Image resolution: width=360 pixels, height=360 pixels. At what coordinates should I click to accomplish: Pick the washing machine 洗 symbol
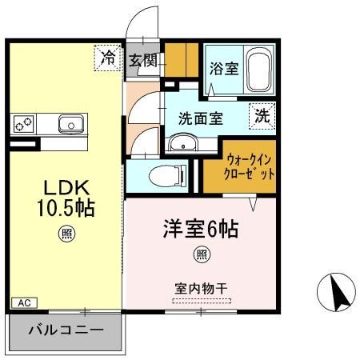262,115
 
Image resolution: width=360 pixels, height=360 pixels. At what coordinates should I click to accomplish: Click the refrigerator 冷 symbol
107,57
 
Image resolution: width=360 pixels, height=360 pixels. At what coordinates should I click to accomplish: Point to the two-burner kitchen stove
23,124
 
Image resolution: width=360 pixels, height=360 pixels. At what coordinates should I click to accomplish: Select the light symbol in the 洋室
201,255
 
